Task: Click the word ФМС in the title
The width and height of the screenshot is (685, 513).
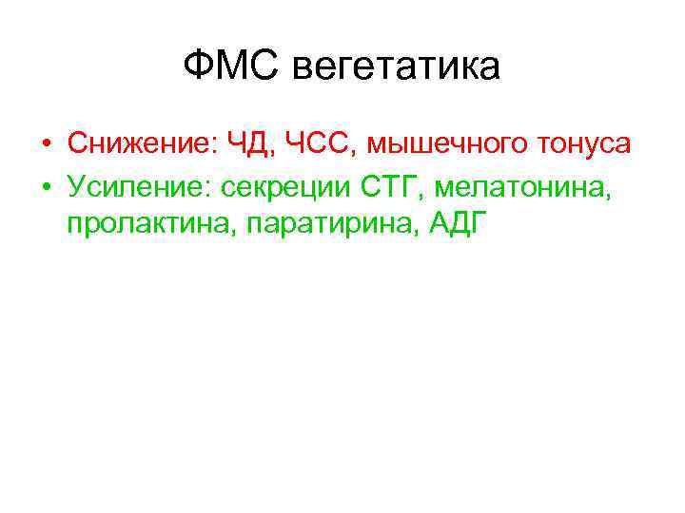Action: pos(231,67)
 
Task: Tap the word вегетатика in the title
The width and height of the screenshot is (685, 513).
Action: pos(396,69)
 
